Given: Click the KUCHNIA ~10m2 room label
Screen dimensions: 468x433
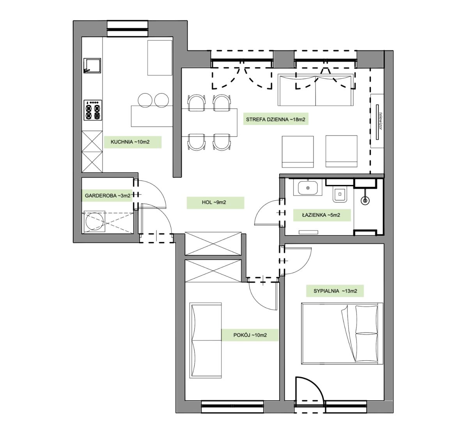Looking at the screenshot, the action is coord(130,142).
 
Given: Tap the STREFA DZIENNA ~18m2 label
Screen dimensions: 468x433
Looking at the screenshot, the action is coord(275,119).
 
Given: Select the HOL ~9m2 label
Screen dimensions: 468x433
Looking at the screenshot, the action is coord(214,202).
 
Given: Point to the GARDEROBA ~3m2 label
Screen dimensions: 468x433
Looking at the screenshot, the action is coord(108,196).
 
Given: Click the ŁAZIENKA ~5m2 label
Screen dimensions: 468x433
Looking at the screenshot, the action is coord(321,215).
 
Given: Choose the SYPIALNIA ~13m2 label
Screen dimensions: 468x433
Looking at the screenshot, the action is coord(335,291).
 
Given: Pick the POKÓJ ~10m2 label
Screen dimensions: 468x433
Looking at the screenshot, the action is coord(250,335).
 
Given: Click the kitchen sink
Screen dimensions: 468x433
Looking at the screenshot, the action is coord(92,66).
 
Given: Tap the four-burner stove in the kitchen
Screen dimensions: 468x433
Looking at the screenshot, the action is coord(93,110).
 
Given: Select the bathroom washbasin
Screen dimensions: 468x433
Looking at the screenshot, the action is coord(308,187).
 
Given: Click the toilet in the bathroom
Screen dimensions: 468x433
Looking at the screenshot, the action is coord(340,194).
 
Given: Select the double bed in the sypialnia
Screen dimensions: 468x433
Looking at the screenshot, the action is coord(342,333).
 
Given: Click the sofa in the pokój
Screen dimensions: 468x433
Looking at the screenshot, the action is coord(206,340).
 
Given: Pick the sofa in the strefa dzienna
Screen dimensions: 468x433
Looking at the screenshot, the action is coord(316,90).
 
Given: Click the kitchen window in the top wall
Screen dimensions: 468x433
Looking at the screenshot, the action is coord(128,29).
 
